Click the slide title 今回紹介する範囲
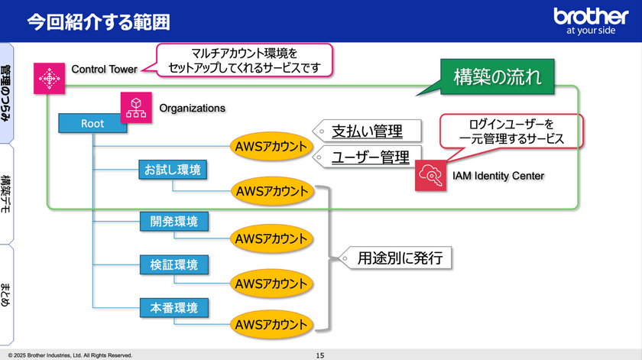click(98, 21)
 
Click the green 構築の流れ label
click(498, 77)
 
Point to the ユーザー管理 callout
click(367, 157)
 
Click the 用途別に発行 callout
click(397, 258)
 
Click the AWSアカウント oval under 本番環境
click(271, 325)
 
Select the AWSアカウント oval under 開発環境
click(271, 238)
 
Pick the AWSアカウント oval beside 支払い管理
click(271, 146)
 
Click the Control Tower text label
click(104, 70)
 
